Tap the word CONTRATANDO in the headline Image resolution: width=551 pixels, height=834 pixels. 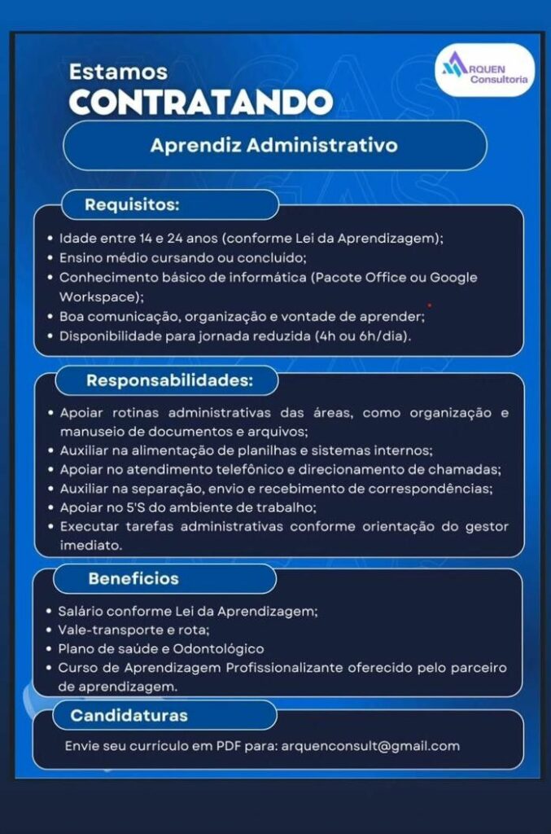pyautogui.click(x=201, y=102)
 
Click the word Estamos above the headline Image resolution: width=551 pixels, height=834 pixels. pyautogui.click(x=118, y=72)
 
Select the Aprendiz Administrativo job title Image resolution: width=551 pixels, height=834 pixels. pyautogui.click(x=274, y=146)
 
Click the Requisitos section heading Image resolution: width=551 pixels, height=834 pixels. pyautogui.click(x=132, y=204)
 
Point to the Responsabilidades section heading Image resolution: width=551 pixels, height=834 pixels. pyautogui.click(x=170, y=380)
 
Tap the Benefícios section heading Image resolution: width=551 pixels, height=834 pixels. pyautogui.click(x=133, y=579)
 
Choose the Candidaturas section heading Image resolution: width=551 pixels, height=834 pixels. pyautogui.click(x=129, y=716)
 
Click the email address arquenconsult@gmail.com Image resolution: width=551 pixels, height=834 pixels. pyautogui.click(x=370, y=746)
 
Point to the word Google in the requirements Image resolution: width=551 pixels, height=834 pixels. pyautogui.click(x=453, y=278)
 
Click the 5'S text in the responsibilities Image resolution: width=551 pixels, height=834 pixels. pyautogui.click(x=146, y=508)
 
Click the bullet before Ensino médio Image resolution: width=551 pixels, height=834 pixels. pyautogui.click(x=51, y=259)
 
